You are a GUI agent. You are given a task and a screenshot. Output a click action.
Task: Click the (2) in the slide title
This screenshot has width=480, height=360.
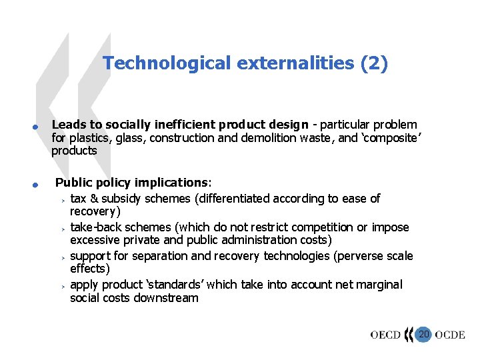(x=373, y=63)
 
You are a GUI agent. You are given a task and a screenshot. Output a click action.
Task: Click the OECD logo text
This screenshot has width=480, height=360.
(x=385, y=335)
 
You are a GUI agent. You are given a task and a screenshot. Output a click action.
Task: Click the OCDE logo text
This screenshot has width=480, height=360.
(x=450, y=335)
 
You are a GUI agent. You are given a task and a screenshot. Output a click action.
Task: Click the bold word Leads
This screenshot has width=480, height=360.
(x=67, y=125)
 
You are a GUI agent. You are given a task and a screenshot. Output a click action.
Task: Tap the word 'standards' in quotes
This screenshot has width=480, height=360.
(x=179, y=285)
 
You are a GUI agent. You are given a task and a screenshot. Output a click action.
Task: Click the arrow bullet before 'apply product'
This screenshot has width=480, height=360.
(x=60, y=285)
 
